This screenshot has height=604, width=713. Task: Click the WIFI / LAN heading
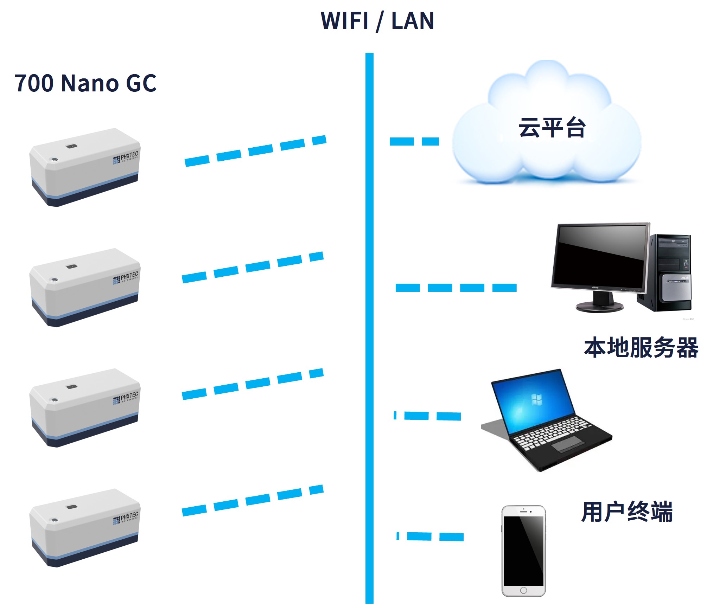(377, 21)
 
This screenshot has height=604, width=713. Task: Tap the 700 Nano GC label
(85, 83)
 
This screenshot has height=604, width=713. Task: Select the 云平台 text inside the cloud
(552, 128)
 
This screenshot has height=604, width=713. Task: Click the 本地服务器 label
(641, 348)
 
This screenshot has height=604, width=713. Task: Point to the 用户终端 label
(627, 512)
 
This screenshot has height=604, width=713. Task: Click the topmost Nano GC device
(84, 167)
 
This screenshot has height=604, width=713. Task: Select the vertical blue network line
(369, 327)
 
